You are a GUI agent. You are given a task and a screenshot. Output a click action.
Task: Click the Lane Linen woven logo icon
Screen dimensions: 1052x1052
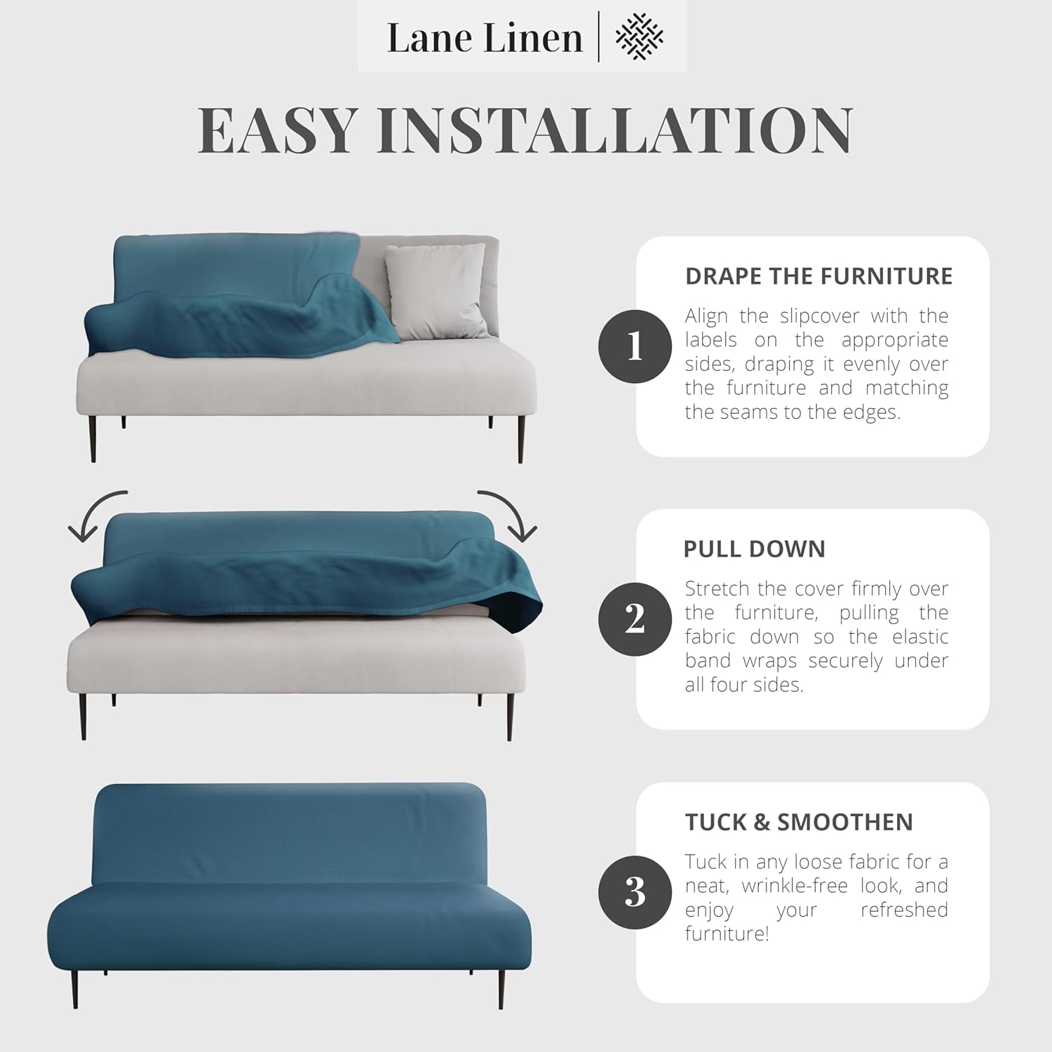point(639,36)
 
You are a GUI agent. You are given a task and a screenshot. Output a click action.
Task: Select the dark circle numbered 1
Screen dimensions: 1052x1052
point(635,346)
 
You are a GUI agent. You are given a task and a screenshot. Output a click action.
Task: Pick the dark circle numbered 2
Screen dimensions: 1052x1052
point(635,619)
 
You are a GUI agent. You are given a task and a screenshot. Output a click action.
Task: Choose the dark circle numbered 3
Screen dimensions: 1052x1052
point(635,892)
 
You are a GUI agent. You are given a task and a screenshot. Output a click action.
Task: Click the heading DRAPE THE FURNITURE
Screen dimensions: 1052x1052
point(818,276)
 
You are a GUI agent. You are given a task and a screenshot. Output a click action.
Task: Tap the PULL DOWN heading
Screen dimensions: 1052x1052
point(754,549)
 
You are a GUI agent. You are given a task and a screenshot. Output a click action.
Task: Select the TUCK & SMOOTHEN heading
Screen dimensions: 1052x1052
point(799,822)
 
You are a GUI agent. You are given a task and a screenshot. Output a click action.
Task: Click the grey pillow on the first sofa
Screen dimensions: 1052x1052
point(436,289)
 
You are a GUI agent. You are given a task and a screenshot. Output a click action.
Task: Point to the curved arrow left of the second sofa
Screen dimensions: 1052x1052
point(95,515)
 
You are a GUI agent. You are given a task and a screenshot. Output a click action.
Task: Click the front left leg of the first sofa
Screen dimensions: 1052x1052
point(93,439)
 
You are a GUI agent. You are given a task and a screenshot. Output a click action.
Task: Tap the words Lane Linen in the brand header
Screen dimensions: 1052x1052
point(485,38)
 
